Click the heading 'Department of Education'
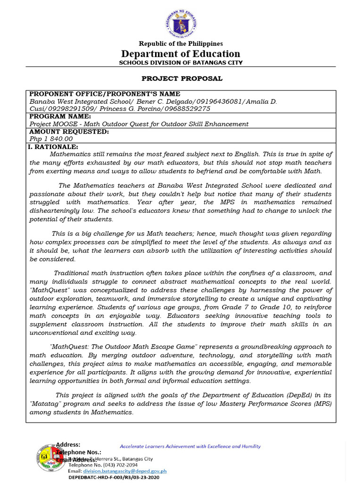coord(181,54)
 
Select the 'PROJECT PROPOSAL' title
coord(182,78)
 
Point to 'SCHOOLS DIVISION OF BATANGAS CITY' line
coord(181,63)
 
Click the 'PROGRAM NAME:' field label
coord(60,116)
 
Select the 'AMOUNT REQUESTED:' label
coord(69,131)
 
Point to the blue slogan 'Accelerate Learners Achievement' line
coord(190,446)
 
